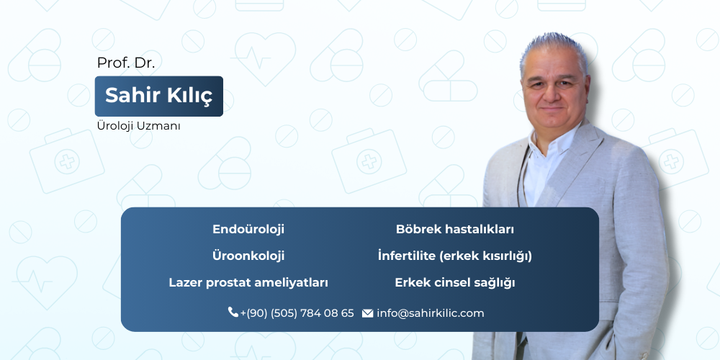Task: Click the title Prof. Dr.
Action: tap(126, 63)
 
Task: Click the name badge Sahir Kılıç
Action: tap(159, 96)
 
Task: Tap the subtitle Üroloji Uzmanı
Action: tap(138, 126)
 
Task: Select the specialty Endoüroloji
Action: tap(248, 230)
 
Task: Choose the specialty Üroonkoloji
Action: tap(248, 256)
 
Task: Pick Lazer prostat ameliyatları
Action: tap(248, 283)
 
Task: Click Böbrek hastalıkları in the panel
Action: tap(455, 230)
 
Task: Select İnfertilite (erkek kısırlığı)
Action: tap(455, 256)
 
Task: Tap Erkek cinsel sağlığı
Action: tap(455, 283)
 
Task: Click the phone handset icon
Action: tap(233, 312)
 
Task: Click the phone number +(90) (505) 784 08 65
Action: tap(297, 313)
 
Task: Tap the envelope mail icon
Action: tap(367, 313)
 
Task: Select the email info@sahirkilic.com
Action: tap(431, 313)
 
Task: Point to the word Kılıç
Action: tap(191, 96)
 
